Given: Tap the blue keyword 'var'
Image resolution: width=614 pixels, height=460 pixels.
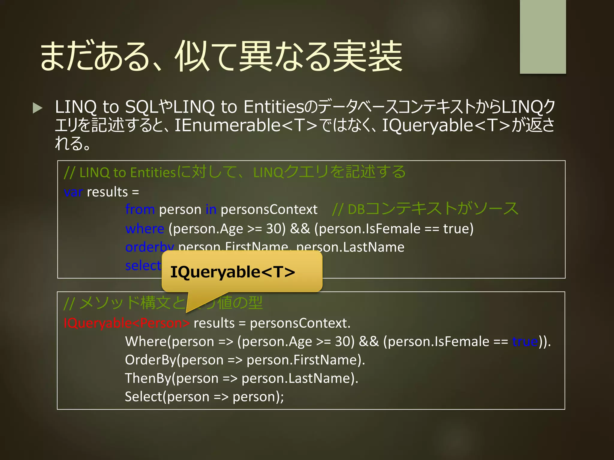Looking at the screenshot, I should (x=73, y=192).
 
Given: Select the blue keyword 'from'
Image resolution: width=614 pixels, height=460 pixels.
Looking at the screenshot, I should (x=140, y=209).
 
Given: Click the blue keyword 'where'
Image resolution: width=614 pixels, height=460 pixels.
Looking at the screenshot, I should (x=145, y=229).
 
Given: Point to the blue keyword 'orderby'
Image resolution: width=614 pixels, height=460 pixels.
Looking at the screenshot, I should (x=149, y=247).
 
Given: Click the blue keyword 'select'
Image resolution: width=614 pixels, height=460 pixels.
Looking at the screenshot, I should (x=143, y=266).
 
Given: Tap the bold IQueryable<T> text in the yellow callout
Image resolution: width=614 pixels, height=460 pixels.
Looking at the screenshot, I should (x=233, y=272).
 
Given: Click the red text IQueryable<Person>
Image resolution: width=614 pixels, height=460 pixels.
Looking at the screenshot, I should (x=127, y=323).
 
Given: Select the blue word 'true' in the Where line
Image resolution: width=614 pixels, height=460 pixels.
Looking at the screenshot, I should (x=525, y=342).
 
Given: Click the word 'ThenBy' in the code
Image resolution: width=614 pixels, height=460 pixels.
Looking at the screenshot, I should (x=148, y=378).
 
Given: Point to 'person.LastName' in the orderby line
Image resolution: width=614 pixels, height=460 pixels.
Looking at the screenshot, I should (x=350, y=247).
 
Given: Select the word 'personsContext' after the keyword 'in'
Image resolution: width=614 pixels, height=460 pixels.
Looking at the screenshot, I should (x=269, y=209).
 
